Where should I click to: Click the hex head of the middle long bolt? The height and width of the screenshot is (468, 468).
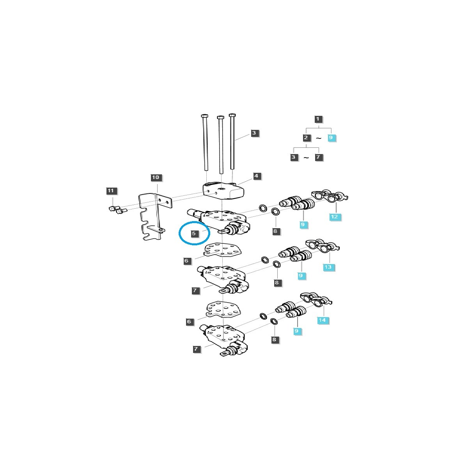[x=220, y=117]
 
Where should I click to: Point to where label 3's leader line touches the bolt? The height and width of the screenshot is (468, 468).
[x=234, y=140]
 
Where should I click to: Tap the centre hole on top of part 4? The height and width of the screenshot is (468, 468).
[x=222, y=189]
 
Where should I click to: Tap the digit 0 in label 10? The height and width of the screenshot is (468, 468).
[x=158, y=177]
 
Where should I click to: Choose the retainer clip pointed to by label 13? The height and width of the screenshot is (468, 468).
[x=322, y=247]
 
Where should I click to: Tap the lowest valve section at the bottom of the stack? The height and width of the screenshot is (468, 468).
[x=224, y=340]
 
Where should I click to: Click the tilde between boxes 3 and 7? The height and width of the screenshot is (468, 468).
[x=306, y=158]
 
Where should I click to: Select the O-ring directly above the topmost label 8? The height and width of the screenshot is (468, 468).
[x=275, y=211]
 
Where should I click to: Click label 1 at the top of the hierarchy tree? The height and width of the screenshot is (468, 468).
[x=318, y=119]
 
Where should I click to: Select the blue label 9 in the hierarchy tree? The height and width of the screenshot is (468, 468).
[x=331, y=137]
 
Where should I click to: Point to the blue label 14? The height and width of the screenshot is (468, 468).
[x=322, y=320]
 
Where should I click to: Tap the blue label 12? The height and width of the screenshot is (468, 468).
[x=334, y=216]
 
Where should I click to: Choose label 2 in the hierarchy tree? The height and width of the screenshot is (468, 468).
[x=306, y=138]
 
